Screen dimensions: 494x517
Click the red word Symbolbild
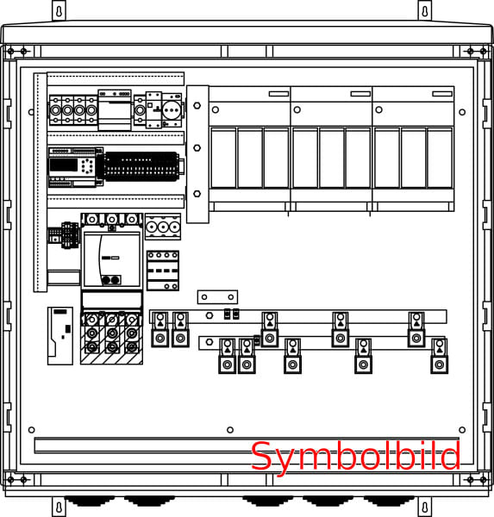355,457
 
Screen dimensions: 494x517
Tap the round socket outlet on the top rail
172,109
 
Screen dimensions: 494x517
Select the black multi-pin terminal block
141,166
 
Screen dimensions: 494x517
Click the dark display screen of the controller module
63,165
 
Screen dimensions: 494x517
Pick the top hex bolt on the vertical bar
197,105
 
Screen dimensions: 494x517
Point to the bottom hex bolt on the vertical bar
197,194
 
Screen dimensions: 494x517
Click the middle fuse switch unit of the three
331,149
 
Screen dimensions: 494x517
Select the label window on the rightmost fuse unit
442,94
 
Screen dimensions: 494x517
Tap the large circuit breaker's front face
112,260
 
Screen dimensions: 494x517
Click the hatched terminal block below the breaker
112,337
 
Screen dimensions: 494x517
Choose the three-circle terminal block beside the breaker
163,227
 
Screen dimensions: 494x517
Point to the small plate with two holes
217,297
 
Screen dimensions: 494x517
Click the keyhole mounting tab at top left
59,11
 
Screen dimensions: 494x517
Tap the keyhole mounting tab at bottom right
425,508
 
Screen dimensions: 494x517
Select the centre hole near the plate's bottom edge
230,430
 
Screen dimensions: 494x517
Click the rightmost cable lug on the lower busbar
439,356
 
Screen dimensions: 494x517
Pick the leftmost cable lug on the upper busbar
160,329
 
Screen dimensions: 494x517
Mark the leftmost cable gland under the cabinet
89,501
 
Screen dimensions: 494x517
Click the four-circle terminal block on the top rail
73,110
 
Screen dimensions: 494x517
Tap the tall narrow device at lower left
60,336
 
